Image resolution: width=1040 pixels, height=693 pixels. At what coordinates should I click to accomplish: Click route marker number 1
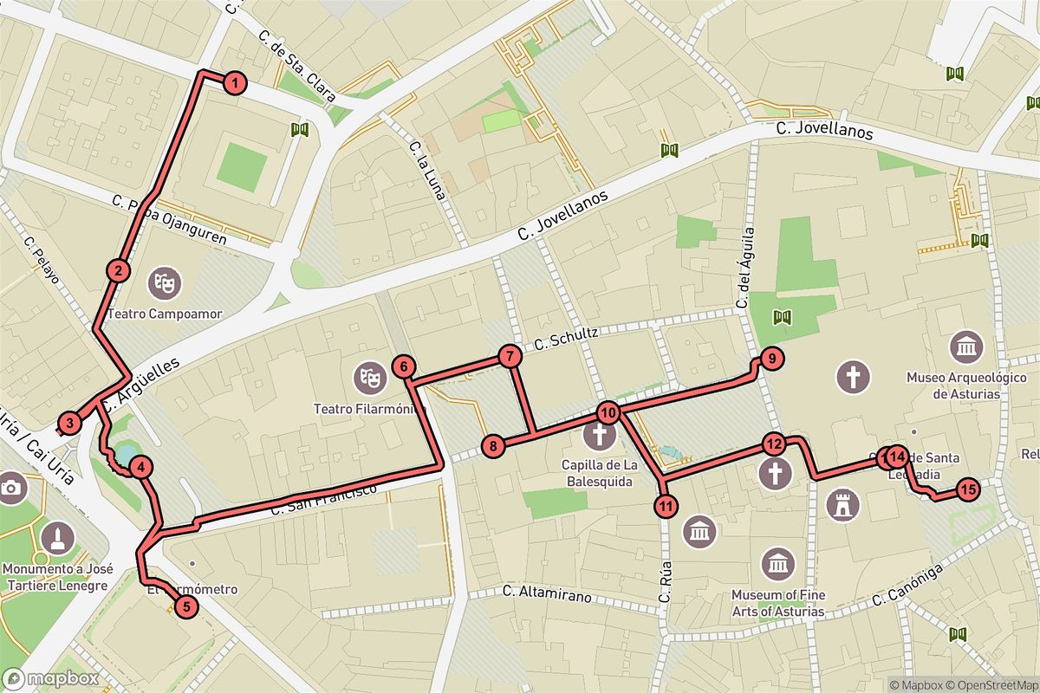pyautogui.click(x=234, y=84)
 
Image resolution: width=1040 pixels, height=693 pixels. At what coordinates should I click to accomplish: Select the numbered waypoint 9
pyautogui.click(x=770, y=357)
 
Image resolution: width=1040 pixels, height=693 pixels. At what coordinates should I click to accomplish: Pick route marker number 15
pyautogui.click(x=968, y=489)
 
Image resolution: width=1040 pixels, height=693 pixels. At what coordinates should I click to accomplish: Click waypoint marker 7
pyautogui.click(x=510, y=355)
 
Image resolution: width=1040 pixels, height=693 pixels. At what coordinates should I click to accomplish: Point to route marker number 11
pyautogui.click(x=666, y=506)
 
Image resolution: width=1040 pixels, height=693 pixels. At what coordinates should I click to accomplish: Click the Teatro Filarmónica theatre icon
pyautogui.click(x=369, y=376)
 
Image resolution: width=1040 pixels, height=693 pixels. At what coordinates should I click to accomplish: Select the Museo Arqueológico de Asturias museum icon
pyautogui.click(x=965, y=346)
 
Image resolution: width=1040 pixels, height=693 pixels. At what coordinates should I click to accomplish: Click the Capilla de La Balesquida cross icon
pyautogui.click(x=598, y=434)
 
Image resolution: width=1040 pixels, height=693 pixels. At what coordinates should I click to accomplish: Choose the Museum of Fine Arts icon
pyautogui.click(x=777, y=564)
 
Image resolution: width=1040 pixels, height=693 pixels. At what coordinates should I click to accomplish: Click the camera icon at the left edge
pyautogui.click(x=10, y=486)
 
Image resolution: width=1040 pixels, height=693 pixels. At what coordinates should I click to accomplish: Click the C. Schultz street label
pyautogui.click(x=567, y=339)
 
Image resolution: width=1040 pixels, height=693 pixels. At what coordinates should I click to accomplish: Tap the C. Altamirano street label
pyautogui.click(x=548, y=595)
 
